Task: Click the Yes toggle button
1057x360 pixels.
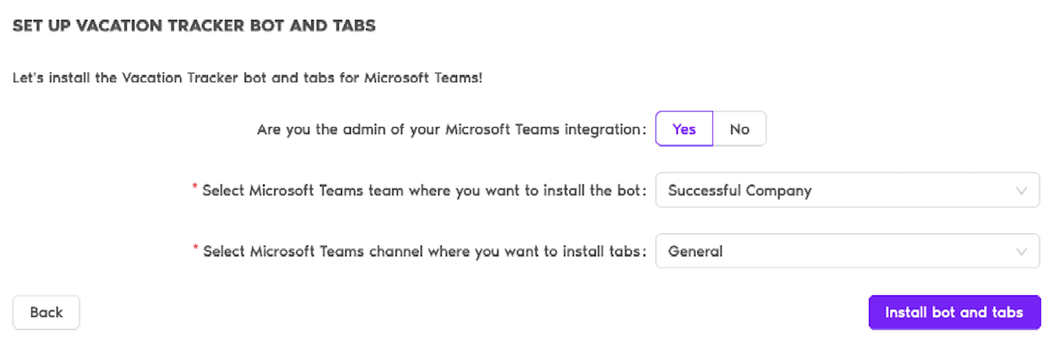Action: click(x=684, y=129)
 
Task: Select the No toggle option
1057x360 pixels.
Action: click(x=739, y=129)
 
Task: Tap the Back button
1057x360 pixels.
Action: click(x=46, y=313)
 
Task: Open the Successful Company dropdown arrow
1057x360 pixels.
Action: click(x=1021, y=191)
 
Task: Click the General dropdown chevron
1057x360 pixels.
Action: click(x=1021, y=251)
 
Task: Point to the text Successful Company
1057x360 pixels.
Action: click(x=739, y=191)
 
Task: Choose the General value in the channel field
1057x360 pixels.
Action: click(x=695, y=251)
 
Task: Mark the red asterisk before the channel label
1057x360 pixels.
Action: click(x=195, y=249)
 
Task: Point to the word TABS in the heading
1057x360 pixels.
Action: click(x=352, y=26)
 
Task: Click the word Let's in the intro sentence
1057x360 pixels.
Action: click(x=27, y=77)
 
